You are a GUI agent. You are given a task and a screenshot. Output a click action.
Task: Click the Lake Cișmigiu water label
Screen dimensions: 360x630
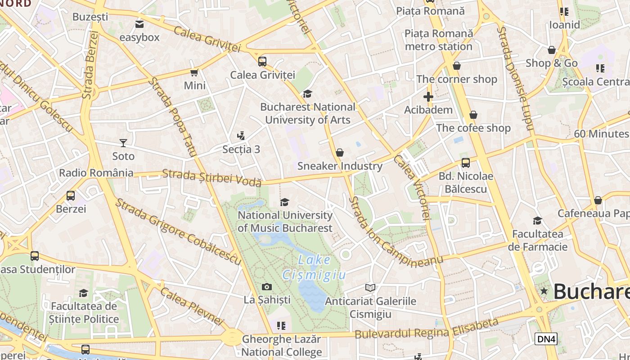click(314, 267)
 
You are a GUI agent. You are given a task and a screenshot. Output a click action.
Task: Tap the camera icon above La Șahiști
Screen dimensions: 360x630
click(267, 287)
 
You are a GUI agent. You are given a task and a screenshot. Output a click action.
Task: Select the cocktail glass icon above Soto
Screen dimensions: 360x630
click(123, 143)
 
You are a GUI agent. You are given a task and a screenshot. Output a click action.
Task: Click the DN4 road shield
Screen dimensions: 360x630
click(546, 339)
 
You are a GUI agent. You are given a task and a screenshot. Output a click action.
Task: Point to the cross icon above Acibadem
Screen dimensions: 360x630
click(428, 97)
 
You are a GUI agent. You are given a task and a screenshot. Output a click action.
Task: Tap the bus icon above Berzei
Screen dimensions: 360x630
click(71, 196)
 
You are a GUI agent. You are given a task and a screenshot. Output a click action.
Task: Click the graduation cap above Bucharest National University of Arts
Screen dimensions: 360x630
click(307, 94)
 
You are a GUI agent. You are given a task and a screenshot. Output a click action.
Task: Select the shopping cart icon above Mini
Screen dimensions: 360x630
click(194, 72)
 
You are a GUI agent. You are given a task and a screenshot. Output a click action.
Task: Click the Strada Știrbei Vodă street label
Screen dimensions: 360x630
click(211, 177)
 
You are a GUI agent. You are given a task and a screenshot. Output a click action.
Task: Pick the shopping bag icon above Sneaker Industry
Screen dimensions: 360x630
click(340, 153)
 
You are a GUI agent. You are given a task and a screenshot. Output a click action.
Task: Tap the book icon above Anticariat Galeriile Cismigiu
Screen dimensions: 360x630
click(370, 288)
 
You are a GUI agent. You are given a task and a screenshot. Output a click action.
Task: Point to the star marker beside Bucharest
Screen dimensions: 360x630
click(544, 291)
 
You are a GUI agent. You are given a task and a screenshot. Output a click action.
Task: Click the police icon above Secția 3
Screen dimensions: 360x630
click(241, 135)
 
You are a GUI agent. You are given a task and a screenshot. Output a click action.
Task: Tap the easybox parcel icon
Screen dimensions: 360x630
click(139, 24)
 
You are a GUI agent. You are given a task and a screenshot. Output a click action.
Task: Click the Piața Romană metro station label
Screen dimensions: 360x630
click(439, 40)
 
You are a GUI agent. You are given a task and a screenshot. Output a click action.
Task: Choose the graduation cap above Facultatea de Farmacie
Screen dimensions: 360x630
click(537, 220)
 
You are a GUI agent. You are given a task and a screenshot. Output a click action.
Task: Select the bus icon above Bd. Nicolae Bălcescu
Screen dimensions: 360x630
click(466, 163)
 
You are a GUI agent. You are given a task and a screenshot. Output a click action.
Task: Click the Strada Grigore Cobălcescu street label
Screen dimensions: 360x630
click(178, 231)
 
